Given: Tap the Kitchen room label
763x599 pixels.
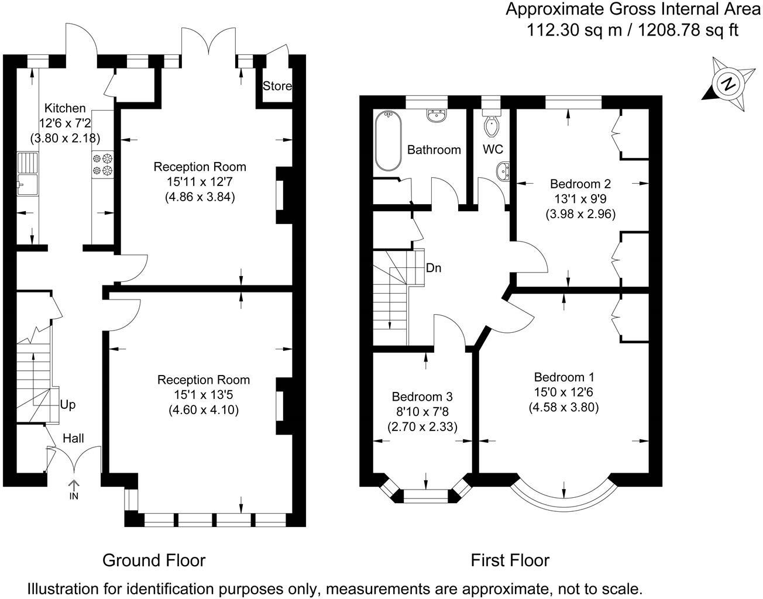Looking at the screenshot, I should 65,108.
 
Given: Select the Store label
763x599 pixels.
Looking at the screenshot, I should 277,87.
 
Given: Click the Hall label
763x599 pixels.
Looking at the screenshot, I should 74,439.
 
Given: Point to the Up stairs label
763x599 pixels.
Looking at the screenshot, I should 68,405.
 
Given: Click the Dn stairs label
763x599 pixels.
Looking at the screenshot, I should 434,268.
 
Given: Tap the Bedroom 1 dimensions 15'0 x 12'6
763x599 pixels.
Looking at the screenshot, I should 563,393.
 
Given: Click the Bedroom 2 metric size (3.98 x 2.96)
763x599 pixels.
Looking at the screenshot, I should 580,214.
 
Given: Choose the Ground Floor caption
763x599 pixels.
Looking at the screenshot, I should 154,560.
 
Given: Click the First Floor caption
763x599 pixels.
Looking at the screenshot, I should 510,560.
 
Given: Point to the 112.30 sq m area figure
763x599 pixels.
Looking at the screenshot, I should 575,30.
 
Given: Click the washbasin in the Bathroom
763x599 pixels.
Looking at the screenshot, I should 437,115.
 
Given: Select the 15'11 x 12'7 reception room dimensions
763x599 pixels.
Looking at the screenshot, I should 200,182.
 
